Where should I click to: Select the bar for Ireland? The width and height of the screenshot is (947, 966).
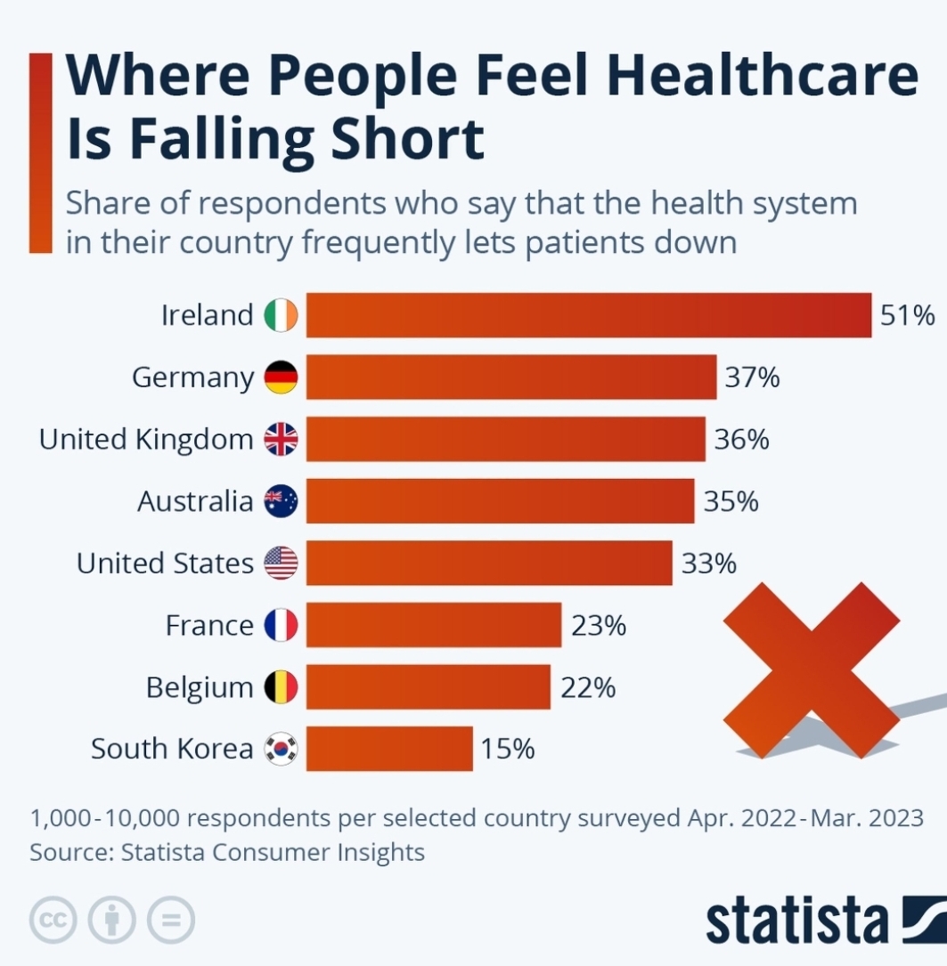[588, 315]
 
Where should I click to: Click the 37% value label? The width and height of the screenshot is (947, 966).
[752, 377]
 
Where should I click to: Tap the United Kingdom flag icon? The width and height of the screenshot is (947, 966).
[282, 440]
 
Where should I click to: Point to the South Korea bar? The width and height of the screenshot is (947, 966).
[389, 749]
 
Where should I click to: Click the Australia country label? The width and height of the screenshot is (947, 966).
[195, 501]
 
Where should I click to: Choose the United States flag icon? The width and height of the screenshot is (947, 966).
[282, 564]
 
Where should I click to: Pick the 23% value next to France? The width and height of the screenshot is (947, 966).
[599, 626]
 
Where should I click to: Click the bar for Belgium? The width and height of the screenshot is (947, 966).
[429, 687]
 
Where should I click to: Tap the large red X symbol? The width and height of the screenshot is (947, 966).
[812, 670]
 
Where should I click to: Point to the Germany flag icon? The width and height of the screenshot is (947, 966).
[282, 377]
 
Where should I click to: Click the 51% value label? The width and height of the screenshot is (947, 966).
[907, 315]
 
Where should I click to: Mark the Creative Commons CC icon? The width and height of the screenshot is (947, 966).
[53, 920]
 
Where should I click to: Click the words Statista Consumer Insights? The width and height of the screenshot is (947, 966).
[273, 852]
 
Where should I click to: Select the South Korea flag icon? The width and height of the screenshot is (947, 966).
[282, 749]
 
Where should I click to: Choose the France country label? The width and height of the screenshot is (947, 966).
[210, 626]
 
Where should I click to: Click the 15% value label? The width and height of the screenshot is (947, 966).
[508, 749]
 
